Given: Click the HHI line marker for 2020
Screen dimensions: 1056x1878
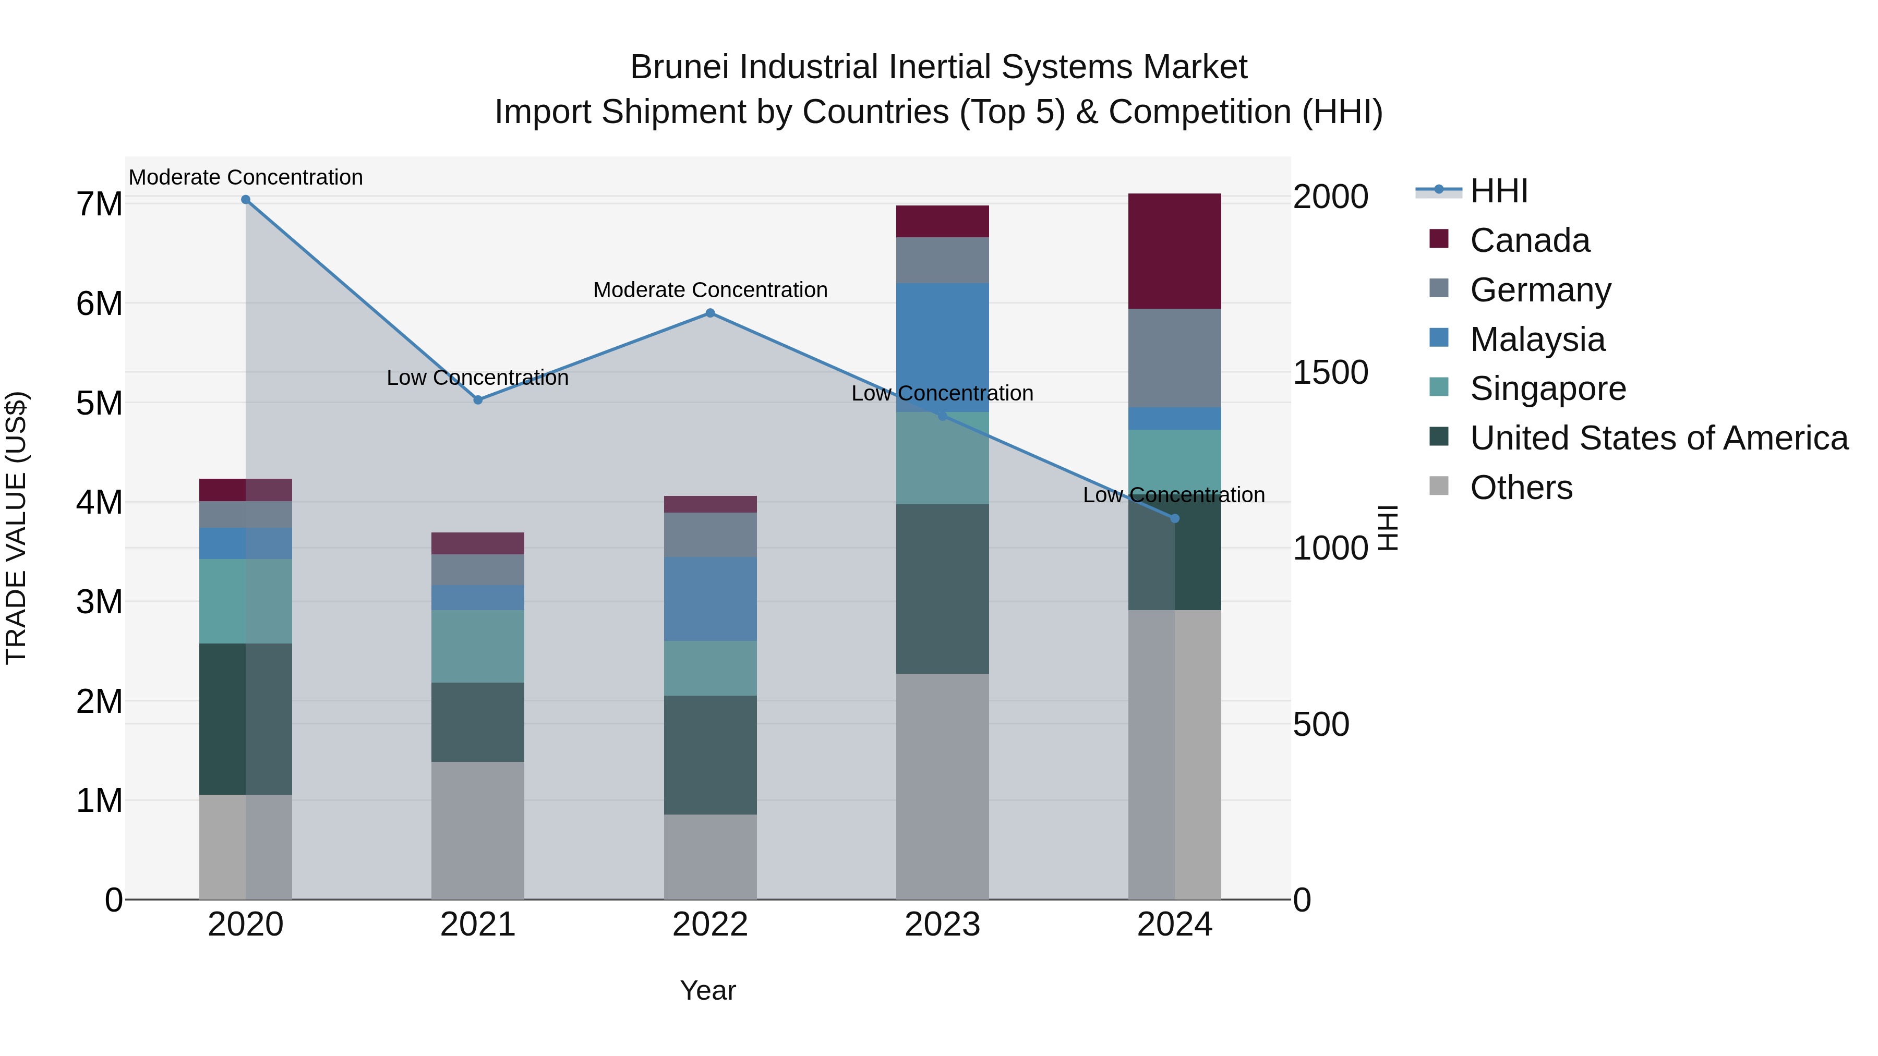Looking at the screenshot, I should click(x=246, y=200).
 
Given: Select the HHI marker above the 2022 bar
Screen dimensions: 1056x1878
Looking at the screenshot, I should click(x=710, y=313).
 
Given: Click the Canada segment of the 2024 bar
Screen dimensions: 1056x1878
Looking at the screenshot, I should click(x=1174, y=251).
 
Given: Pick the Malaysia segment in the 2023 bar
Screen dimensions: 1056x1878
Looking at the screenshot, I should click(x=942, y=348).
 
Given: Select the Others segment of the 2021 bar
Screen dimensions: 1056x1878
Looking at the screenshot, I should click(x=477, y=830).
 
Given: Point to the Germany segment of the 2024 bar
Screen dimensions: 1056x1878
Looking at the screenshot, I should click(x=1174, y=358).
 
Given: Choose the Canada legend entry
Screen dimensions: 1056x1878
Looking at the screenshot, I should click(x=1530, y=240).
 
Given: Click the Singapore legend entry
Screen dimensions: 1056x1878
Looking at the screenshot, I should click(x=1547, y=389).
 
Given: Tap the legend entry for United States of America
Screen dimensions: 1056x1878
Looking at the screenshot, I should click(x=1658, y=438).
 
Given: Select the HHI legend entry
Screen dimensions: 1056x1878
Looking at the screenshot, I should click(x=1498, y=191).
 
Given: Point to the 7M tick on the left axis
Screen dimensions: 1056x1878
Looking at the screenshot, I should click(x=100, y=204).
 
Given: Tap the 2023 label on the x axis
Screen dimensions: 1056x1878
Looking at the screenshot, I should click(x=942, y=924).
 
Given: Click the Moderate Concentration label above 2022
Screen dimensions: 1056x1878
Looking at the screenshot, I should click(x=710, y=290).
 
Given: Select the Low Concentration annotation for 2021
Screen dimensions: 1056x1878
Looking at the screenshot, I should click(x=477, y=378).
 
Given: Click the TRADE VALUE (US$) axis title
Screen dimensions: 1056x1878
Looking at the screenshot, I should click(x=16, y=528).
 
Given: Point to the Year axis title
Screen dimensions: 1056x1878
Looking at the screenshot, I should click(x=708, y=990).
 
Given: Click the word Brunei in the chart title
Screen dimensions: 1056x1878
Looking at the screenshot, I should click(x=679, y=67).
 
